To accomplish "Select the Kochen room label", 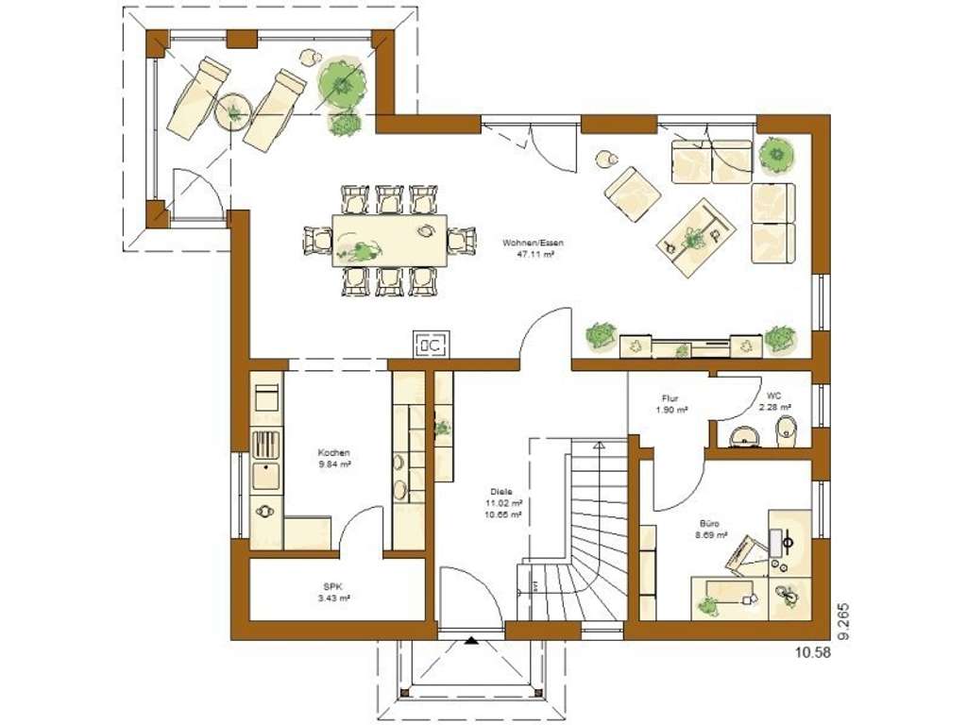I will click(334, 452).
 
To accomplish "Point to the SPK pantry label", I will click(334, 586).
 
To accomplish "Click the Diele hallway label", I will click(501, 491).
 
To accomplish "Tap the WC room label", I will click(773, 396).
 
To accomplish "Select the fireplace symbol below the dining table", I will click(431, 346).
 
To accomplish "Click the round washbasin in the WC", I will click(746, 436).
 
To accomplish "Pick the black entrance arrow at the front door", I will click(471, 642).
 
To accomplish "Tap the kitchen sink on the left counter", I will click(265, 477).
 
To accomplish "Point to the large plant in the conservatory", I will click(341, 83).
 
